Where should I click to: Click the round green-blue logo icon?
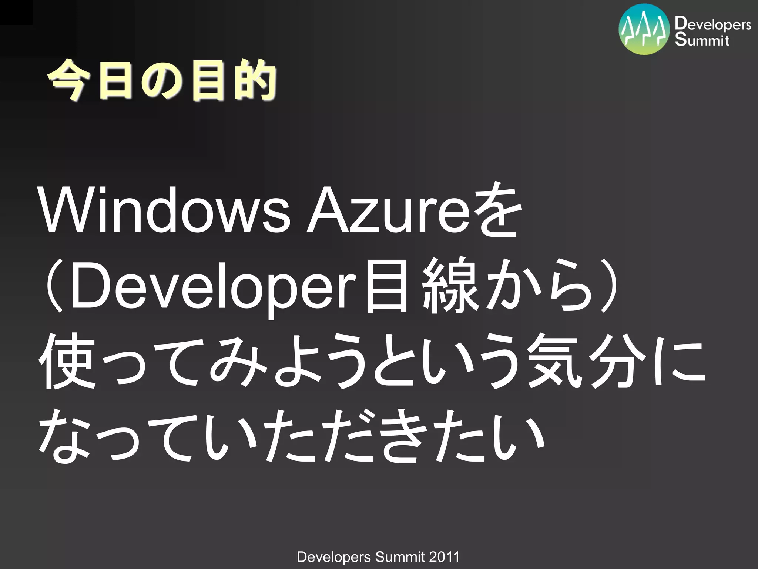[644, 30]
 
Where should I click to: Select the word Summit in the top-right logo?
[702, 40]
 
